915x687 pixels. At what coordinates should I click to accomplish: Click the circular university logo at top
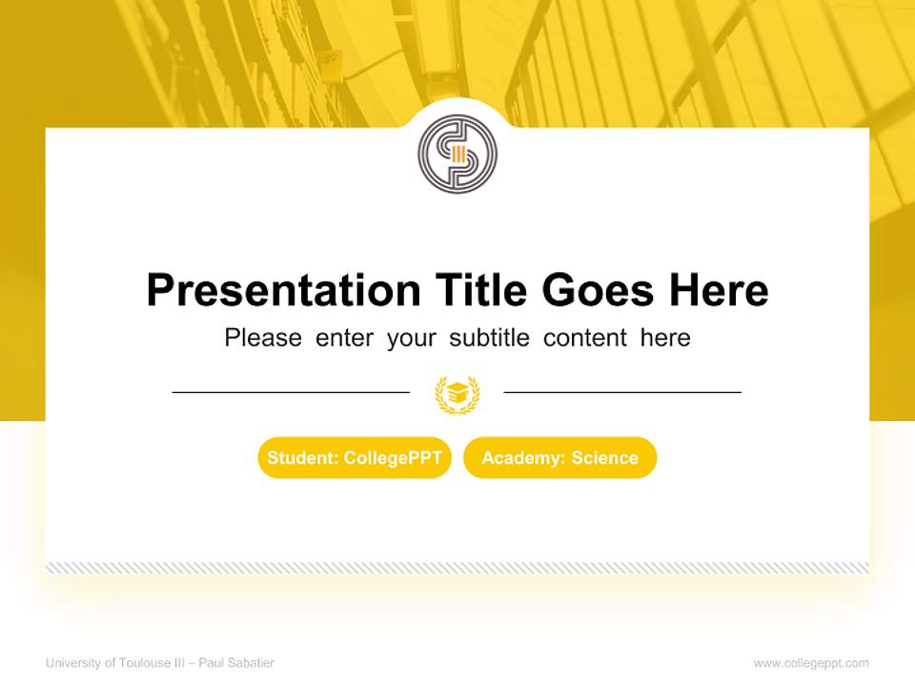[457, 154]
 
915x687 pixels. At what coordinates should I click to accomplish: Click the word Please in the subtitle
[263, 338]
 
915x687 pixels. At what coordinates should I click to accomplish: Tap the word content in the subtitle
[585, 338]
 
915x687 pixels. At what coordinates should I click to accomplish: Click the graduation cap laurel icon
[457, 393]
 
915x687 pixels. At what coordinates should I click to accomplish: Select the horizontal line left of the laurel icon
[291, 391]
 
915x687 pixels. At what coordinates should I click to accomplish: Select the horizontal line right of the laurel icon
[622, 391]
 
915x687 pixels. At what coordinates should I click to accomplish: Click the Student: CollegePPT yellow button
[355, 458]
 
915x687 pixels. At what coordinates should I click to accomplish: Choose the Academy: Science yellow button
[559, 458]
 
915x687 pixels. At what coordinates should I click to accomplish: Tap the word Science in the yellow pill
[604, 458]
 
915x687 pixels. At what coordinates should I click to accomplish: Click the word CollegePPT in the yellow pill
[393, 458]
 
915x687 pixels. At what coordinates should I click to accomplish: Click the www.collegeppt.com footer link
[811, 663]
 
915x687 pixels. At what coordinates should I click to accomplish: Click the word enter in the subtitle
[344, 338]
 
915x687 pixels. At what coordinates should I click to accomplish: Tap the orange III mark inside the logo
[458, 155]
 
